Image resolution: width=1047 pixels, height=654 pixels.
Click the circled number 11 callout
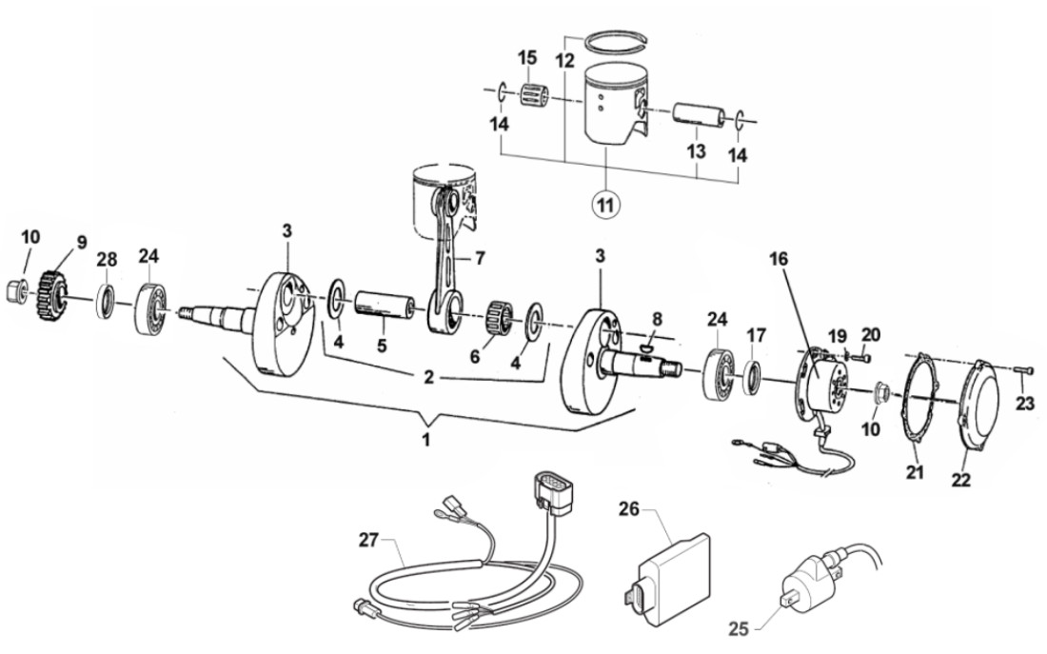(x=605, y=203)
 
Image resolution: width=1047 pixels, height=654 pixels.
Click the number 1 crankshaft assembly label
(x=427, y=440)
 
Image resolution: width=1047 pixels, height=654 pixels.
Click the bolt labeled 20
(x=862, y=357)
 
